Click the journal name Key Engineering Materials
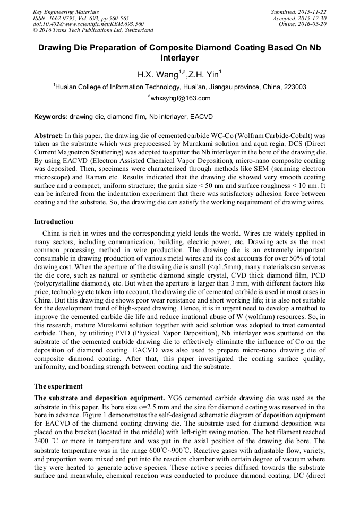(x=65, y=12)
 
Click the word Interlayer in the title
(x=179, y=57)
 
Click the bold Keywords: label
(x=51, y=116)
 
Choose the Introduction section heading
(x=54, y=222)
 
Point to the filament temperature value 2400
(x=42, y=442)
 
